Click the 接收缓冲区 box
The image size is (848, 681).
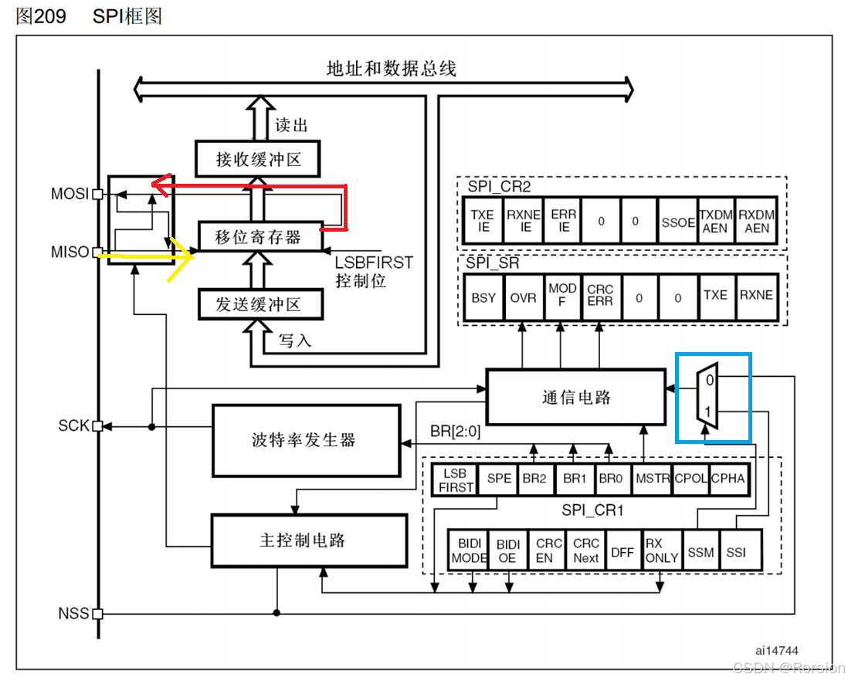[x=257, y=160]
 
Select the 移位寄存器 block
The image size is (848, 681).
[x=257, y=237]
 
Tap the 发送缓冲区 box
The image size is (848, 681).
[x=257, y=304]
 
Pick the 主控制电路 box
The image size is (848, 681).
[x=309, y=540]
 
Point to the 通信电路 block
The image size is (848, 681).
[x=575, y=397]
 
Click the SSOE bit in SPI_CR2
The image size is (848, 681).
[x=677, y=222]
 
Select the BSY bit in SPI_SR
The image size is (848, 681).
[x=483, y=297]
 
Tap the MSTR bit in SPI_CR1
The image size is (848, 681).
[x=652, y=479]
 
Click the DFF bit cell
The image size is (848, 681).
[x=622, y=553]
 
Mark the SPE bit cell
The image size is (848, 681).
[x=499, y=479]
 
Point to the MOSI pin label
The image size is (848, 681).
[x=70, y=194]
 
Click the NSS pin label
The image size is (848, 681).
[x=73, y=615]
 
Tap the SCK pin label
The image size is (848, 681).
[x=73, y=425]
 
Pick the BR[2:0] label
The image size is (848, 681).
[x=455, y=432]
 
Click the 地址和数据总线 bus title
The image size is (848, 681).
[x=392, y=69]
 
